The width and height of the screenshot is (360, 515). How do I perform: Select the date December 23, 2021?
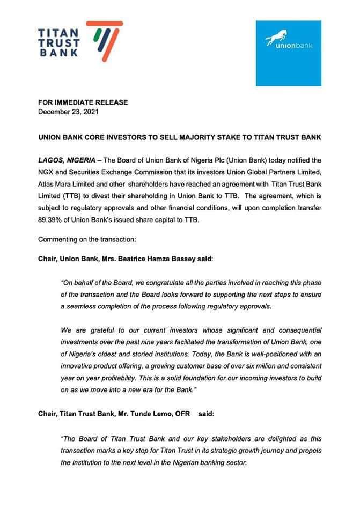tap(68, 112)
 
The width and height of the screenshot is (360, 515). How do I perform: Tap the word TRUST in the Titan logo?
tap(60, 42)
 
